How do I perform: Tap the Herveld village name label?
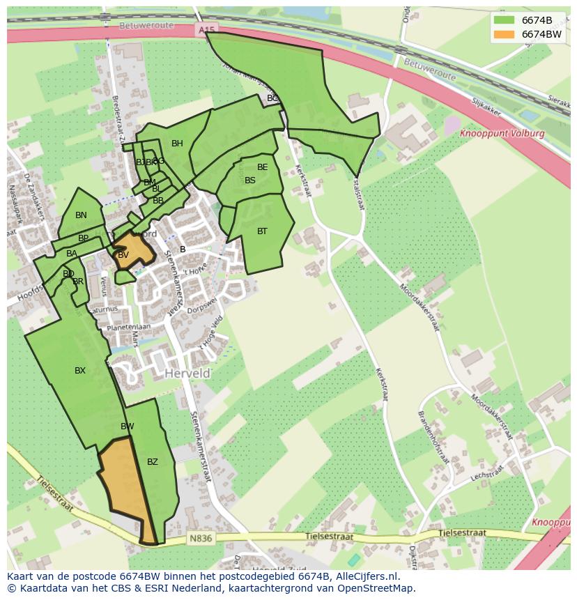(x=187, y=374)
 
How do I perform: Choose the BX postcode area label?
(x=80, y=371)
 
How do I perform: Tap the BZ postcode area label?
(x=153, y=461)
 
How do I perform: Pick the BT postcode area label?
(x=262, y=231)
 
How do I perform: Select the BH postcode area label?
(x=177, y=144)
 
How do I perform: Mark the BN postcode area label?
(x=81, y=215)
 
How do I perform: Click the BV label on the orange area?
(x=123, y=255)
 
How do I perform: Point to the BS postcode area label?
(x=250, y=180)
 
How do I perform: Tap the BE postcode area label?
(x=262, y=167)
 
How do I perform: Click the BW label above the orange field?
(x=128, y=426)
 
